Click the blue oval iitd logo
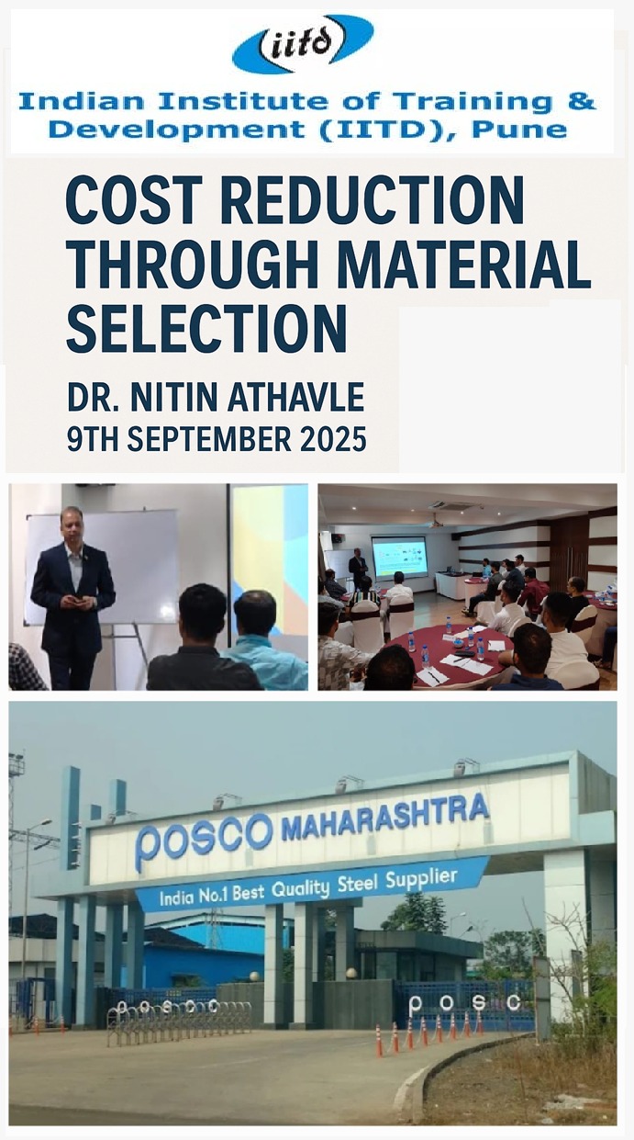click(x=303, y=44)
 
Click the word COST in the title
click(x=134, y=200)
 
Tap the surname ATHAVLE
click(x=296, y=397)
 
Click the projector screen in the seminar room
click(x=399, y=557)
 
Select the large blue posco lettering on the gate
click(x=204, y=840)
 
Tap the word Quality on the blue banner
click(x=300, y=889)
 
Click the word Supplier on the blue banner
click(x=421, y=878)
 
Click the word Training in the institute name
click(x=473, y=102)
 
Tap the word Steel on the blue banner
click(x=358, y=884)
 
